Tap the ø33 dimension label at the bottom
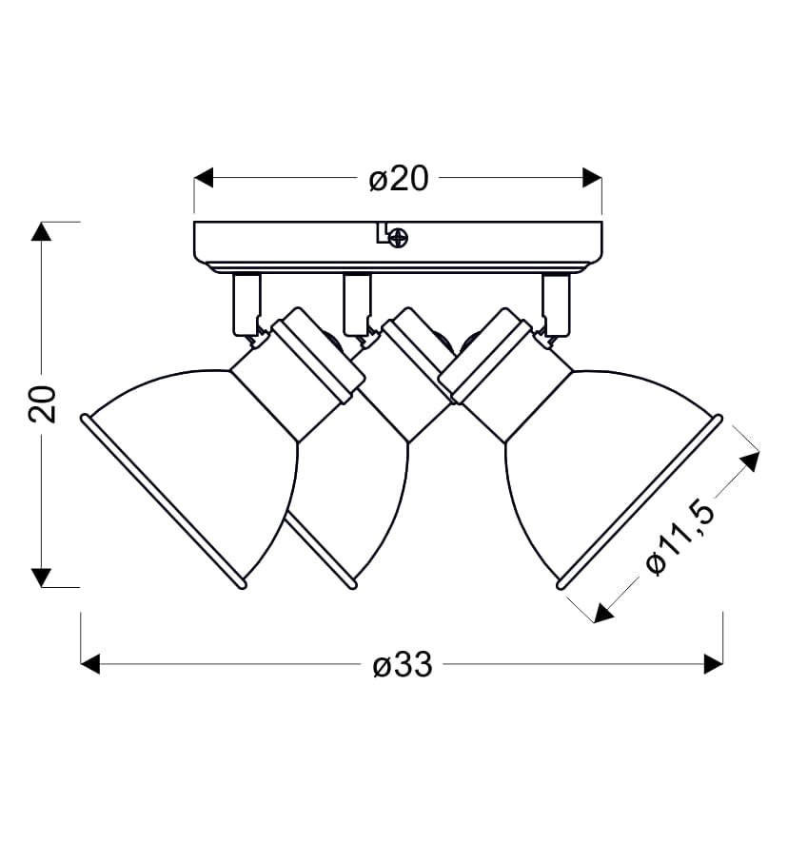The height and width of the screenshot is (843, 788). [403, 664]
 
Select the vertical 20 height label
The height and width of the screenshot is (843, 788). [42, 403]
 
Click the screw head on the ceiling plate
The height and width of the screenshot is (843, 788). [399, 238]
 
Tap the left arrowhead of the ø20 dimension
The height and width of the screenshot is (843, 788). [204, 177]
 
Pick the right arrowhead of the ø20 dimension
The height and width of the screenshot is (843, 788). [592, 177]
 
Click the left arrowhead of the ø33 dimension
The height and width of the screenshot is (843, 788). [90, 664]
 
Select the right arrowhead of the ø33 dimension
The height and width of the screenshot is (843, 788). [713, 664]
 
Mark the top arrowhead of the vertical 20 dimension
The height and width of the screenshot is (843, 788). [42, 231]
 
